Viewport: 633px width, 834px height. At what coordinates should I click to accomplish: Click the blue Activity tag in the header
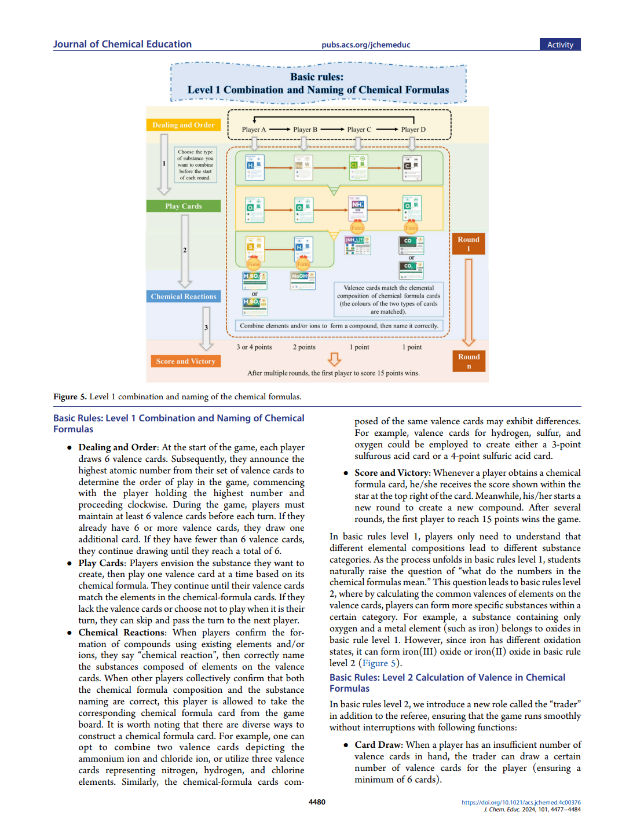[560, 45]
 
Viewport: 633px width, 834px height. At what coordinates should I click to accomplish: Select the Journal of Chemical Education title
[122, 44]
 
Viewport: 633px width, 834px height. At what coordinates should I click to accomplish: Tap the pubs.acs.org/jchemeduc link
[365, 45]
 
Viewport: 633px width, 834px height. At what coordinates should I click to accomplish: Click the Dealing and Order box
[183, 125]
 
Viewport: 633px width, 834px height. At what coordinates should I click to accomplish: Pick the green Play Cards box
[183, 206]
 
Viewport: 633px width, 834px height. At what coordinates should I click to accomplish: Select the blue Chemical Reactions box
[183, 296]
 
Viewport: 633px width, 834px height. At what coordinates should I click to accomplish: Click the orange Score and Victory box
[185, 361]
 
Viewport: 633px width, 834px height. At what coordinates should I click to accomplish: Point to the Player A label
[254, 130]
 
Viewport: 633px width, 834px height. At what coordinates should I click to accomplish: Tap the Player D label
[413, 130]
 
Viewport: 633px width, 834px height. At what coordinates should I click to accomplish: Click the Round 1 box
[469, 244]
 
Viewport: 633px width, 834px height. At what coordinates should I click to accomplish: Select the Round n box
[469, 361]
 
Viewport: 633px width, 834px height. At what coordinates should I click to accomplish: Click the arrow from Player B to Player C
[332, 130]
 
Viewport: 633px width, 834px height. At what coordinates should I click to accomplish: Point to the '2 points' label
[304, 347]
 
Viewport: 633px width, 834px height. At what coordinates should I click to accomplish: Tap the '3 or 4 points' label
[254, 347]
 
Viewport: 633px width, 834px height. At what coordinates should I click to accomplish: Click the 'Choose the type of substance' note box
[195, 165]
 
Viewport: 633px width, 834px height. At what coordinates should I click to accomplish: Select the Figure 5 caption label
[69, 397]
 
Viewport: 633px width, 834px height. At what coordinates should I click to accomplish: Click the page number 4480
[317, 802]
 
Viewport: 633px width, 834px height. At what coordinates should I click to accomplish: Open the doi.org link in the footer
[521, 802]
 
